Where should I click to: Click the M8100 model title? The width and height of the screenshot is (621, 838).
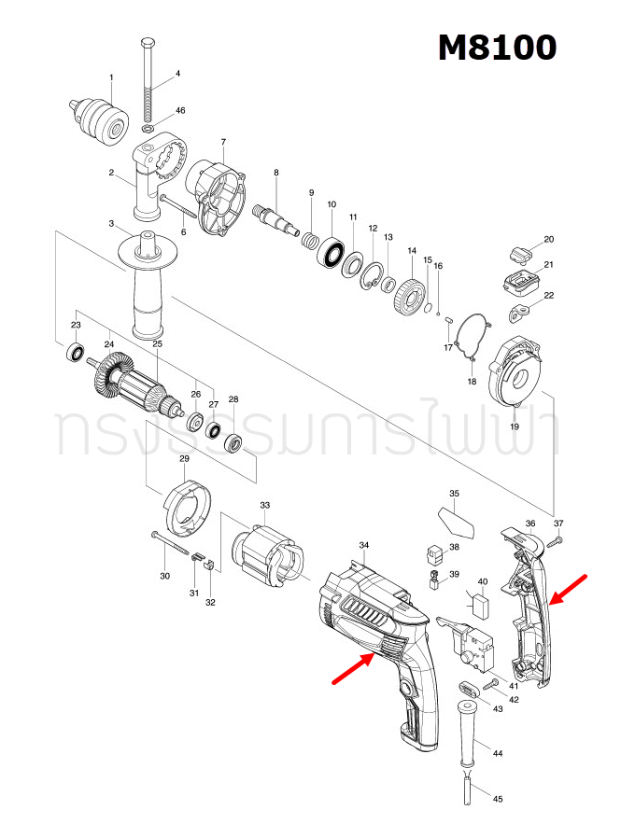point(498,47)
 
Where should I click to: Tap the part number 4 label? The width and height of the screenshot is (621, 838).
point(177,74)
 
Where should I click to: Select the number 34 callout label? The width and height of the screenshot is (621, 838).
point(364,544)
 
